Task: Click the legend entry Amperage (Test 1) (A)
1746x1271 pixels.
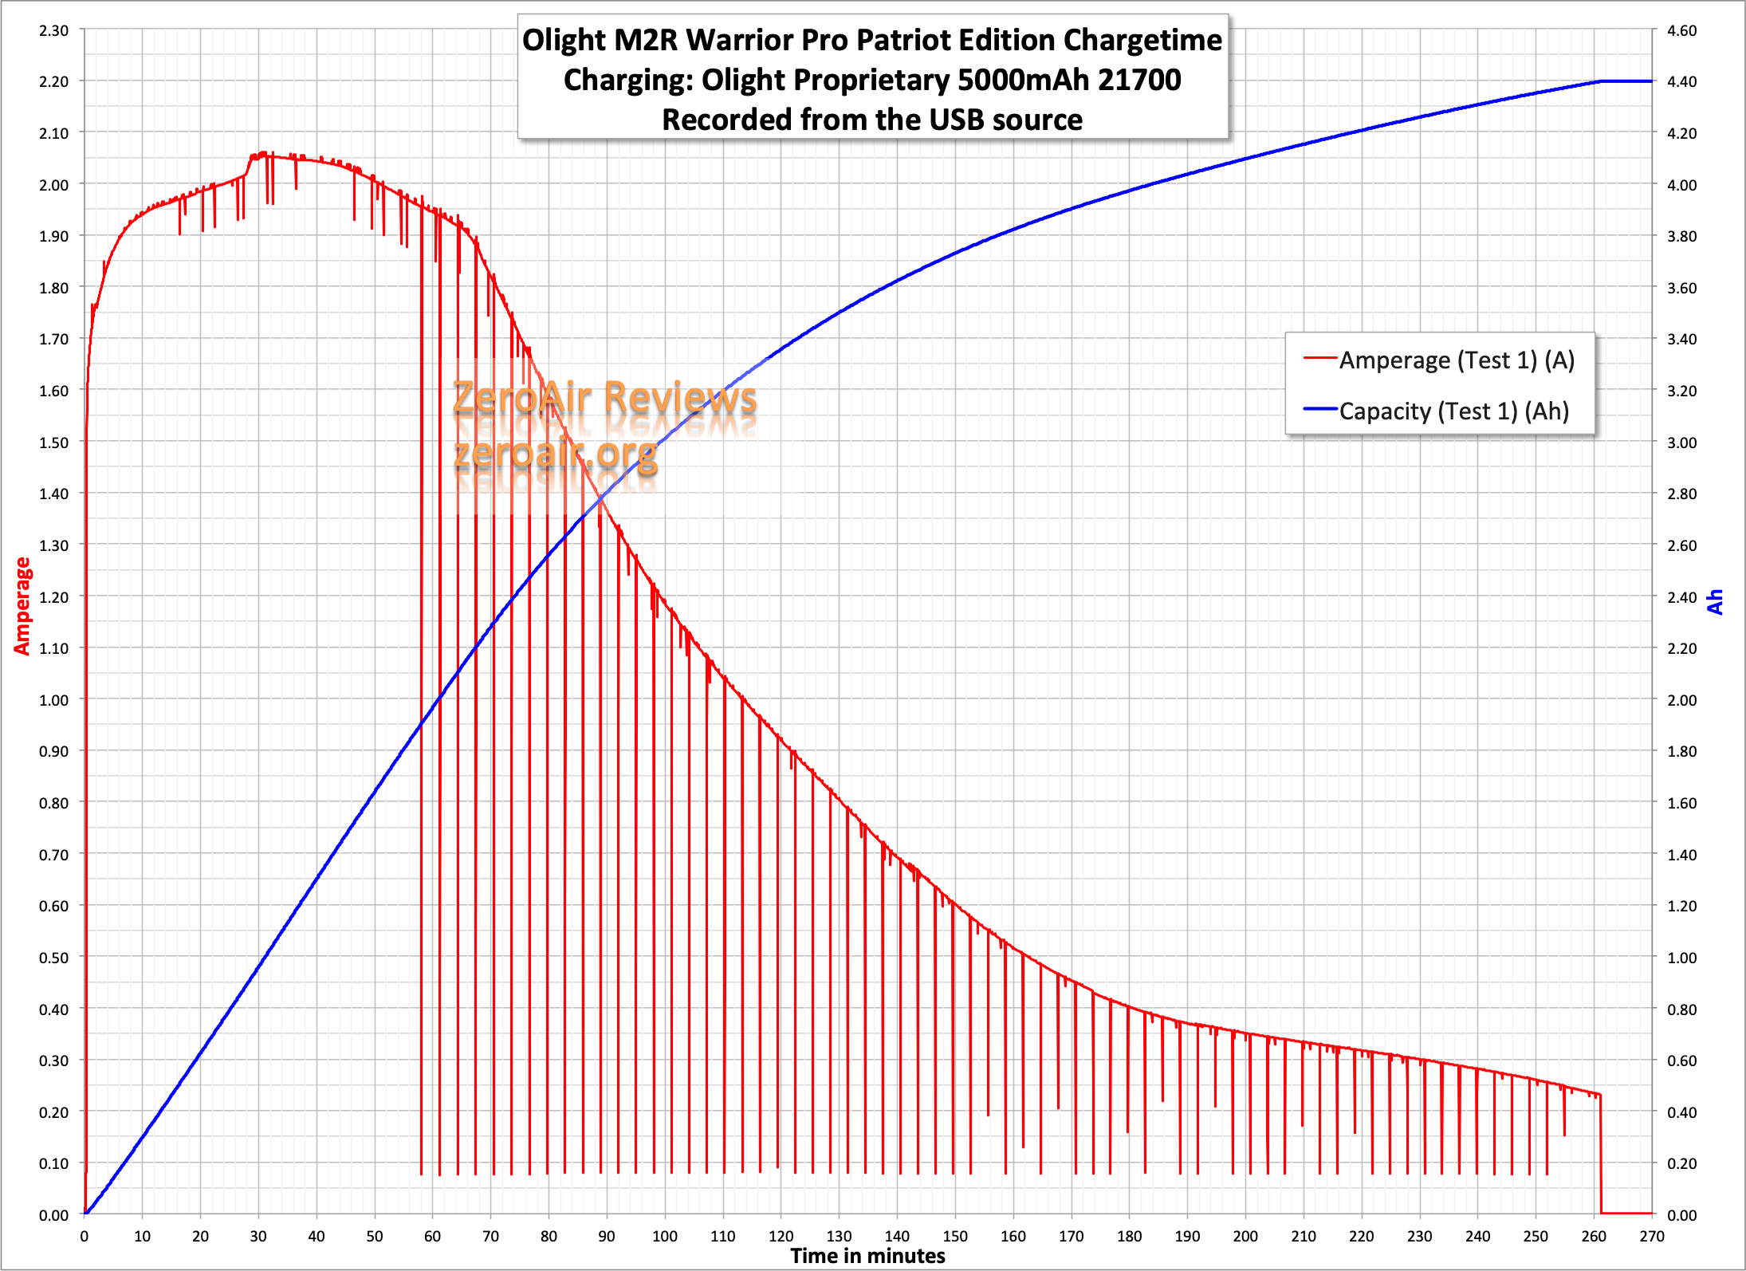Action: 1439,360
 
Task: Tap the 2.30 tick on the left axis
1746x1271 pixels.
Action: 53,30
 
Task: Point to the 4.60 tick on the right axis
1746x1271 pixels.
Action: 1681,30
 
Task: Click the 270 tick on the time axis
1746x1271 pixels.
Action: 1652,1236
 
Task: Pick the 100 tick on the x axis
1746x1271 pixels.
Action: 665,1236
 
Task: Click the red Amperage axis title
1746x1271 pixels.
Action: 22,606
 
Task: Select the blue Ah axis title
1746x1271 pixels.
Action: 1715,602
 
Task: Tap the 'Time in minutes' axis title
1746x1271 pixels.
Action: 867,1256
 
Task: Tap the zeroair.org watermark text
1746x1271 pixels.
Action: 556,453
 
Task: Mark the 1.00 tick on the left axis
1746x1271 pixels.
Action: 53,699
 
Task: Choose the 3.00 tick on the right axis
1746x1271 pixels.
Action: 1681,442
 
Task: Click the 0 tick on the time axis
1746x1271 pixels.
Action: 85,1236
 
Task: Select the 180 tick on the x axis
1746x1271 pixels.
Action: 1130,1236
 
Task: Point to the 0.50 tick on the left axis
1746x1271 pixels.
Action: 53,957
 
